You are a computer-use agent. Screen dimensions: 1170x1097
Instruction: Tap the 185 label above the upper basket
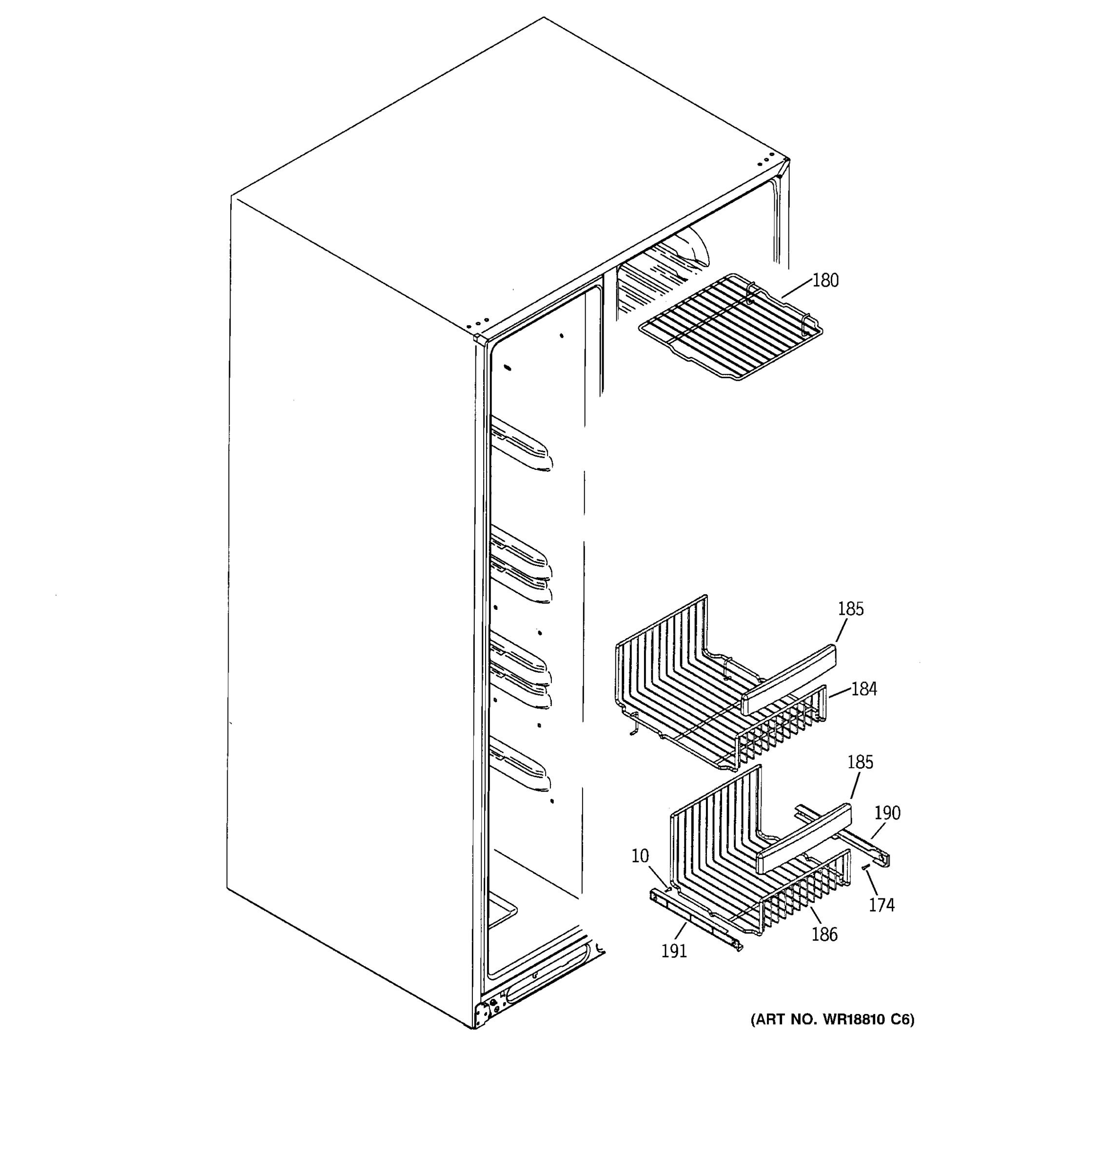pyautogui.click(x=850, y=608)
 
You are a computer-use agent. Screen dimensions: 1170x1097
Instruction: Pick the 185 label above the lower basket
pyautogui.click(x=860, y=762)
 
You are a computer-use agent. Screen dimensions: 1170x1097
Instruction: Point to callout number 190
pyautogui.click(x=887, y=813)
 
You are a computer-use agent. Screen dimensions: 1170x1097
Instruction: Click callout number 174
pyautogui.click(x=882, y=905)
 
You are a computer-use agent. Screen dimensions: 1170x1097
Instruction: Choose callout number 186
pyautogui.click(x=824, y=934)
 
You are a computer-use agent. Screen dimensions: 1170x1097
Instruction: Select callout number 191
pyautogui.click(x=674, y=951)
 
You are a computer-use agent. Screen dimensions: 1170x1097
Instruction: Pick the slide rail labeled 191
pyautogui.click(x=694, y=921)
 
